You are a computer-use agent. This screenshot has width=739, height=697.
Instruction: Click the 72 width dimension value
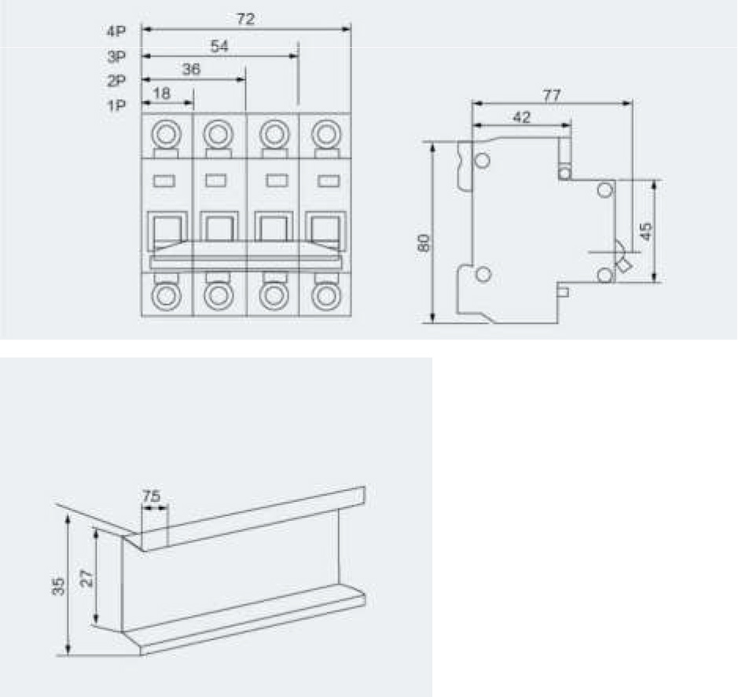click(245, 20)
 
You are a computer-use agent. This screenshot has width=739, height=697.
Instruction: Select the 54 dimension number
click(219, 46)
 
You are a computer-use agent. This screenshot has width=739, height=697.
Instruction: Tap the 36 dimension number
click(191, 70)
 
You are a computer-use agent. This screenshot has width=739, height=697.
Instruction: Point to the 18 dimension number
click(161, 94)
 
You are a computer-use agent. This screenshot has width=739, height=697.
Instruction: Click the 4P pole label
click(116, 32)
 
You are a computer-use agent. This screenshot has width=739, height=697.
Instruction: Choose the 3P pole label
click(116, 57)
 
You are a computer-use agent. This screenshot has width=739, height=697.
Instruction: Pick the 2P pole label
click(116, 80)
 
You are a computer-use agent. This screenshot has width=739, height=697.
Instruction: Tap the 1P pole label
click(116, 105)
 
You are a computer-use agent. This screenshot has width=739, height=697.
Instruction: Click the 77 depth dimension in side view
click(552, 94)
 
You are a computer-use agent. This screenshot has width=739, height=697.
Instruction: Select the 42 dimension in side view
click(521, 117)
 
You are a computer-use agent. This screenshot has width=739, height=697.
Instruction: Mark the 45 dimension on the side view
click(645, 232)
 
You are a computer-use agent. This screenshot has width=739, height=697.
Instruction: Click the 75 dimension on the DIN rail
click(152, 496)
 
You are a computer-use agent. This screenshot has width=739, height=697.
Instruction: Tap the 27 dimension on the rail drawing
click(87, 578)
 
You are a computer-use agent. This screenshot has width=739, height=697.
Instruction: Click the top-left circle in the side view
click(482, 162)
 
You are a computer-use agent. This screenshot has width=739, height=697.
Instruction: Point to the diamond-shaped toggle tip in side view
click(623, 266)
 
